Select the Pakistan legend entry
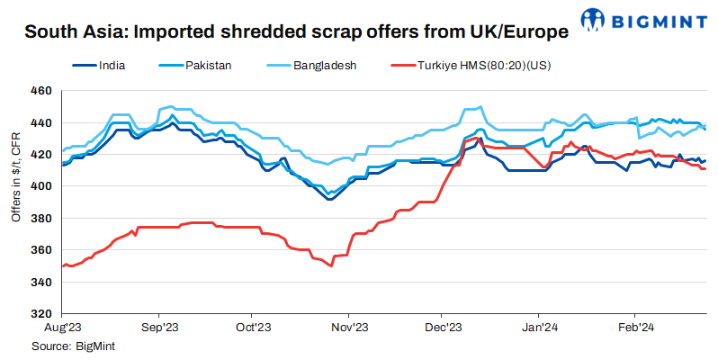pos(208,66)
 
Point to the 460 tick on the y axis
pos(41,91)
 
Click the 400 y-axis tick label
pos(41,186)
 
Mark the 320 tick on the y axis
pos(41,314)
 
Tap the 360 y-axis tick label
pos(41,250)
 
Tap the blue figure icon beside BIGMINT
pos(594,19)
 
